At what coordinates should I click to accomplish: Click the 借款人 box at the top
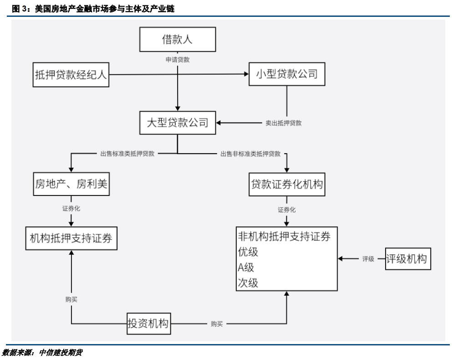[177, 40]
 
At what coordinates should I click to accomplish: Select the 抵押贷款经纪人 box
[71, 75]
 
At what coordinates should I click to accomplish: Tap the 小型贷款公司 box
[286, 74]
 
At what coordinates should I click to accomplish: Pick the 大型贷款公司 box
[177, 123]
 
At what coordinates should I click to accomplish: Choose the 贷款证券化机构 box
[286, 185]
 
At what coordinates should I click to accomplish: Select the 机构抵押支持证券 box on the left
[71, 238]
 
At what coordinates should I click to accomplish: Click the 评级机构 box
[407, 259]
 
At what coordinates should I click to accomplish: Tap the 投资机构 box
[148, 324]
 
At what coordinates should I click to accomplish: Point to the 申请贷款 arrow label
[177, 60]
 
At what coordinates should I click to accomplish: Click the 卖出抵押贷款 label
[283, 123]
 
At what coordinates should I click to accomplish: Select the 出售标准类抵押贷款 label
[127, 154]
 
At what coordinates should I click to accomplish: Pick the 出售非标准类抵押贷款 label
[250, 154]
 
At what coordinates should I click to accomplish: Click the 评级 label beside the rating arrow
[368, 259]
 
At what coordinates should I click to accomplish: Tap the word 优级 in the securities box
[248, 252]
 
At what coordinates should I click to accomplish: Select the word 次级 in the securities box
[248, 283]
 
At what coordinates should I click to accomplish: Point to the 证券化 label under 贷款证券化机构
[286, 210]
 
